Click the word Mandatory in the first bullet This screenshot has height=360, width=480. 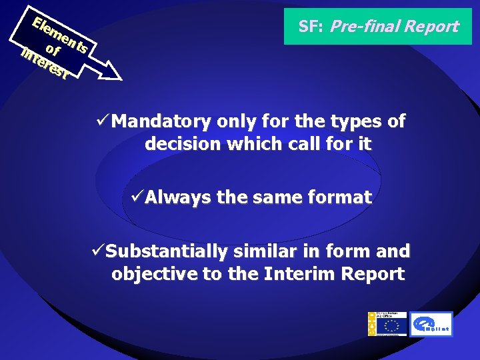pos(160,121)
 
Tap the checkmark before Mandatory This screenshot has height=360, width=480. pos(103,121)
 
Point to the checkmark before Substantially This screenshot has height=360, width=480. pos(97,251)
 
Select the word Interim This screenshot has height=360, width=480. pos(300,274)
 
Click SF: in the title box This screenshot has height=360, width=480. pos(311,27)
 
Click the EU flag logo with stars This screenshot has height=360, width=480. pos(391,326)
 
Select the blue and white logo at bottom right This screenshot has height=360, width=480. pos(431,324)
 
